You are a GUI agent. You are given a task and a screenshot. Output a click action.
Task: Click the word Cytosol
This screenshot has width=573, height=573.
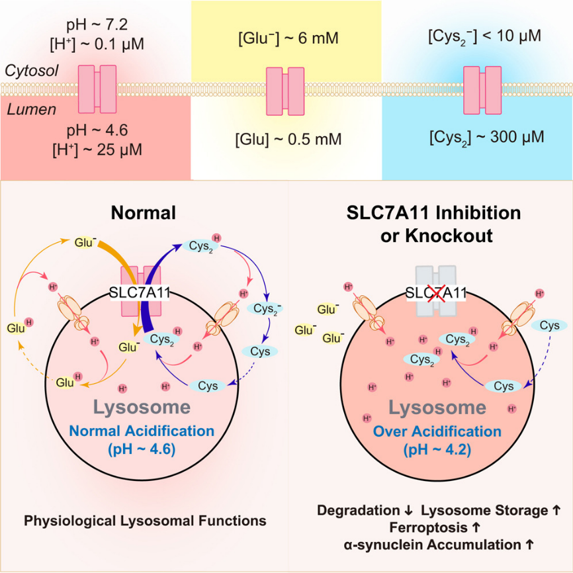pos(29,70)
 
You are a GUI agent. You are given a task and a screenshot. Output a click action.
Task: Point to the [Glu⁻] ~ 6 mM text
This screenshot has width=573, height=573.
pos(288,38)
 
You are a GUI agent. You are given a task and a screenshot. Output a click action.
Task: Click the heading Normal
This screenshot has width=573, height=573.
pos(143,213)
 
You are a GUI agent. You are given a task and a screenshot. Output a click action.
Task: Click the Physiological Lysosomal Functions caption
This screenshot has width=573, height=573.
pos(145,521)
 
